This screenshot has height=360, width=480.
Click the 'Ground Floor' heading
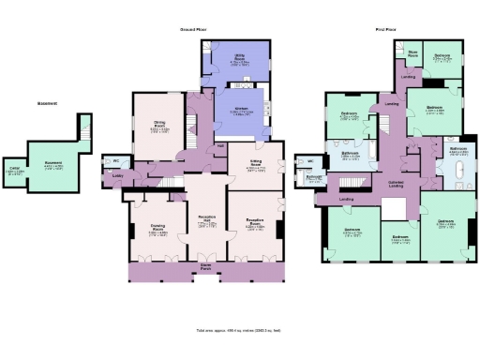pyautogui.click(x=193, y=30)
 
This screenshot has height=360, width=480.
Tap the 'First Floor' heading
pyautogui.click(x=383, y=30)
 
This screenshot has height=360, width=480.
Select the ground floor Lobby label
pyautogui.click(x=118, y=175)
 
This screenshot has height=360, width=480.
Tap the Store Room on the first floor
pyautogui.click(x=412, y=54)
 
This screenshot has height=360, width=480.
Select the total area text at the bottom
pyautogui.click(x=240, y=331)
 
